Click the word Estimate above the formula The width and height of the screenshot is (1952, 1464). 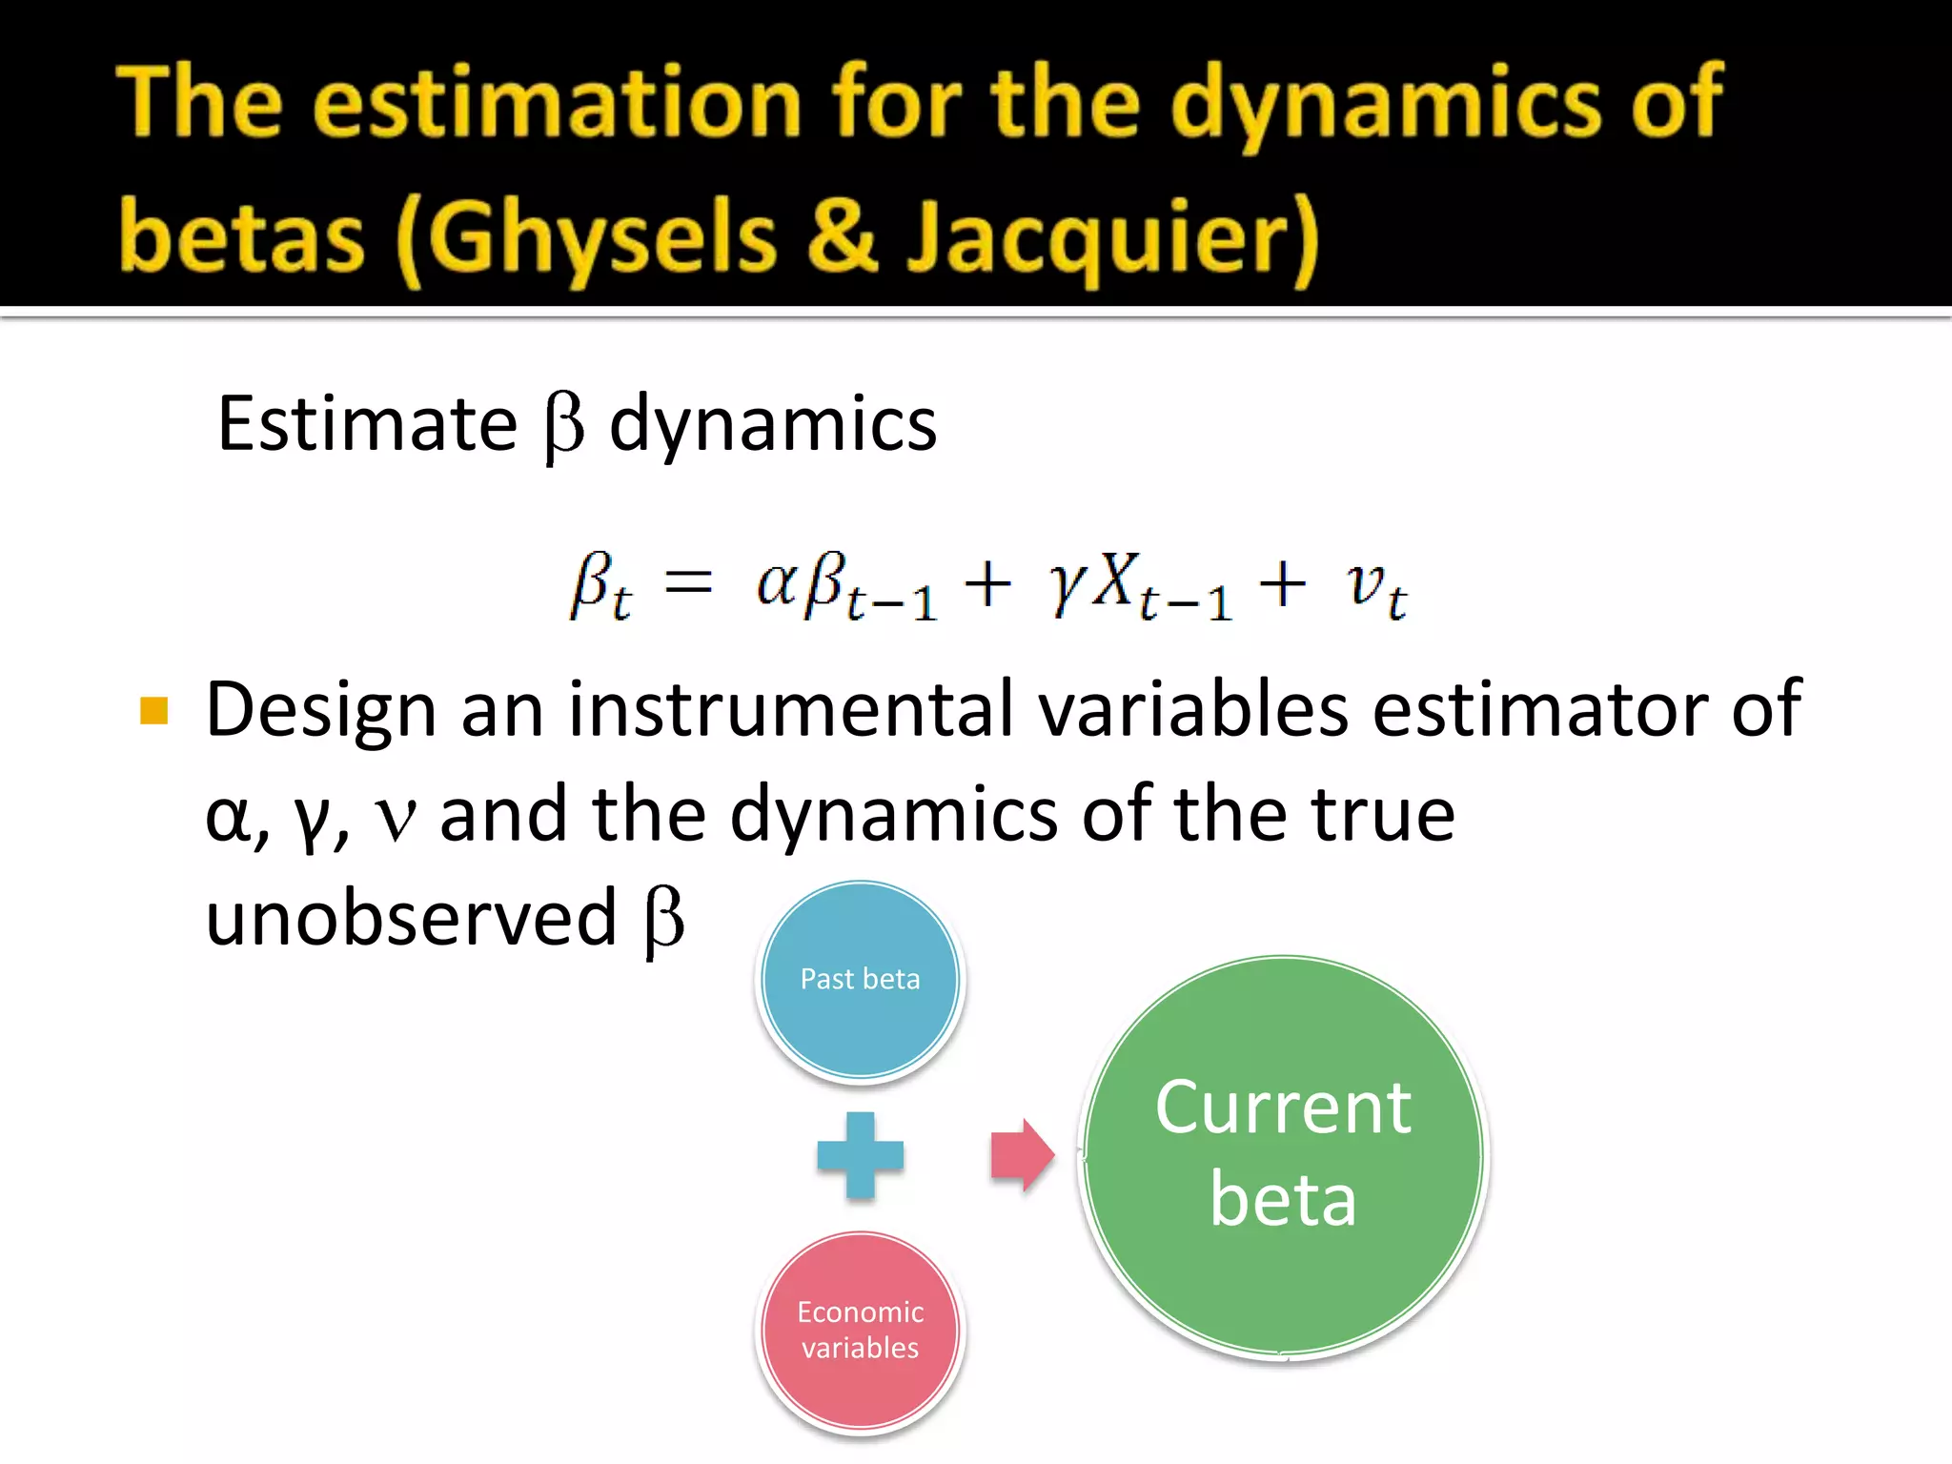coord(367,424)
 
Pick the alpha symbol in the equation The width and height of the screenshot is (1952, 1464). coord(775,583)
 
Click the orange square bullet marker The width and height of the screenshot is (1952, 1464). coord(153,710)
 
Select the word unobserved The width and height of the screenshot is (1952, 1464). coord(412,918)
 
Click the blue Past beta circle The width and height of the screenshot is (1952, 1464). coord(860,980)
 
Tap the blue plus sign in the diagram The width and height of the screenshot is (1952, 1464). coord(860,1155)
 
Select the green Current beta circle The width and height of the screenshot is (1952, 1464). coord(1283,1155)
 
